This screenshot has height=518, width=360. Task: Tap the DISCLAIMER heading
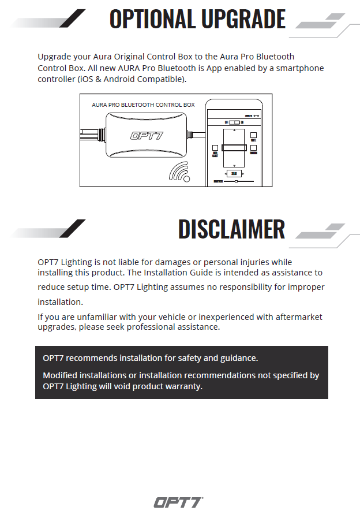231,229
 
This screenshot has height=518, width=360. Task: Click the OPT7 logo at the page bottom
178,502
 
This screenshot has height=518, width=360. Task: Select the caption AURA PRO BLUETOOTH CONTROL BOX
143,105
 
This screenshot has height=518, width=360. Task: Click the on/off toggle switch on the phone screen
234,123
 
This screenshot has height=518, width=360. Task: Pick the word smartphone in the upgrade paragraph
297,68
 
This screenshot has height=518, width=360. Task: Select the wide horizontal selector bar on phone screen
234,148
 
